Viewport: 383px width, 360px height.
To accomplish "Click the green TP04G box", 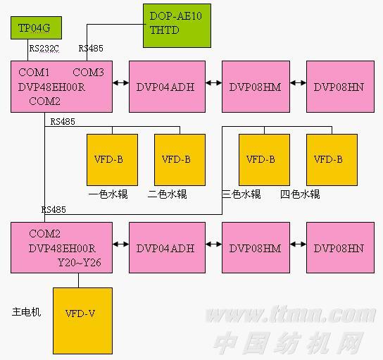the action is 36,28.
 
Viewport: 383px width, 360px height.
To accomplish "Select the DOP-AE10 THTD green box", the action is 177,25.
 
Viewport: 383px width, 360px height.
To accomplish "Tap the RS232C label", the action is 44,49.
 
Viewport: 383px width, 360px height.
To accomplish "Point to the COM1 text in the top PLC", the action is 34,73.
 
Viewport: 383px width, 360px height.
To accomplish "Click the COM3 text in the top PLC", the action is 88,73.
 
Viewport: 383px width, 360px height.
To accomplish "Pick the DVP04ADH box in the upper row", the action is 167,87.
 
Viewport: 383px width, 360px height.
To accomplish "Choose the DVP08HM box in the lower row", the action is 256,247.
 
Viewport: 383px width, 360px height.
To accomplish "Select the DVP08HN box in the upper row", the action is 340,87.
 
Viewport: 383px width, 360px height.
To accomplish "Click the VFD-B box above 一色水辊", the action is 113,160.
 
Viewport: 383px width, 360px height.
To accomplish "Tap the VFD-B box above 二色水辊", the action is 180,160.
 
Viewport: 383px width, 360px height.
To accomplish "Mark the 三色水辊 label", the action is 241,194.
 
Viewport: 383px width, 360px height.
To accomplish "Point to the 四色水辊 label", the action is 300,194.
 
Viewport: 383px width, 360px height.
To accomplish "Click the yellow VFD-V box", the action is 83,321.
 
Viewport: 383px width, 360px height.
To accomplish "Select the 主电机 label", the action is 26,312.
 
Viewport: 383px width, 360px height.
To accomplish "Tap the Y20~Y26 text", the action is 80,263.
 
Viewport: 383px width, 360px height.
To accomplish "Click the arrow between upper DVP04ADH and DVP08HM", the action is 214,83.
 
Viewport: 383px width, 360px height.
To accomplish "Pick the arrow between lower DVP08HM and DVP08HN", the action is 299,244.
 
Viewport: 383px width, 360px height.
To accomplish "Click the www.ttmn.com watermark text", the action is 291,315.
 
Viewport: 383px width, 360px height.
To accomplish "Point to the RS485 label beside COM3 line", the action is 91,49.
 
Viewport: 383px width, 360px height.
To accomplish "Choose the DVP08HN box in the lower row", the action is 340,247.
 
